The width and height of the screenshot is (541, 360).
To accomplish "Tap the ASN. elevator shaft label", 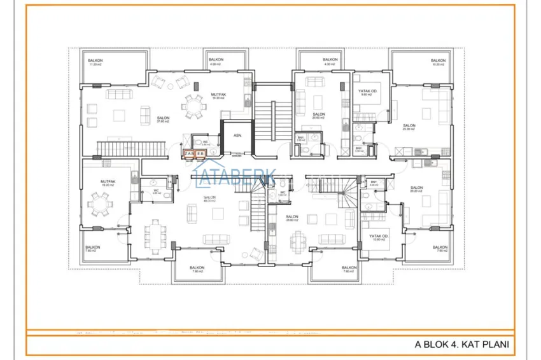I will click(x=237, y=135).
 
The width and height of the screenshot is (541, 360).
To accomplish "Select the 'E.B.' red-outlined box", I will click(x=200, y=154).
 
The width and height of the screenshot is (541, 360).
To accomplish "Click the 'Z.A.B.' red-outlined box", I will click(x=189, y=154).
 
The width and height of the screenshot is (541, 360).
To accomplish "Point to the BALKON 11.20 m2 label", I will click(x=95, y=62).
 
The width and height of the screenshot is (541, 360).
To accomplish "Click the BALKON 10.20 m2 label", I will click(x=439, y=62).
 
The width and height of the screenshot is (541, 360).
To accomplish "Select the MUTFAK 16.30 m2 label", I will click(x=219, y=96).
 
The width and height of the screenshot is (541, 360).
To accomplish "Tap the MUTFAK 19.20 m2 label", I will click(x=107, y=183).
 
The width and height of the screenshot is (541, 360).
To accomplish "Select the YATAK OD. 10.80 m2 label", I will click(x=379, y=238).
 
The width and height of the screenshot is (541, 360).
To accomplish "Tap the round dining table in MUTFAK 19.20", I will click(x=101, y=204).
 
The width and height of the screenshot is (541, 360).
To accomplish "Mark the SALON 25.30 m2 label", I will click(x=409, y=127).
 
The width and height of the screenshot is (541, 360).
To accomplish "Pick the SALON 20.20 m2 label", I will click(x=417, y=189).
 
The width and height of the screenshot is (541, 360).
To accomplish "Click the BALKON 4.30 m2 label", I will click(x=329, y=62).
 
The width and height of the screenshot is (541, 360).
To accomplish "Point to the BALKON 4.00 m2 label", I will click(x=214, y=62).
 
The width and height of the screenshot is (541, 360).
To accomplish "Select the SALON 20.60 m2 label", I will click(x=319, y=116).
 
